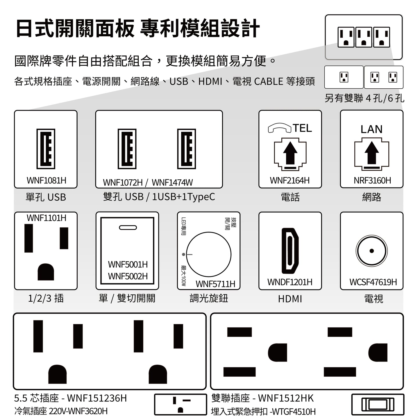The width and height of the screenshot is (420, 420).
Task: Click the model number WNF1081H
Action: click(47, 180)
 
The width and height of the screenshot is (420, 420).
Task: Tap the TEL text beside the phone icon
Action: click(302, 128)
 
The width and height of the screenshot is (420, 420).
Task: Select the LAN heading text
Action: click(372, 129)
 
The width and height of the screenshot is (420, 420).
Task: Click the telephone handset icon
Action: click(280, 128)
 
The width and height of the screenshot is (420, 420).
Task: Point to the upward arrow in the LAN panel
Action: click(372, 153)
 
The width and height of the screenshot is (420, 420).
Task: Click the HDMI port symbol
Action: click(290, 251)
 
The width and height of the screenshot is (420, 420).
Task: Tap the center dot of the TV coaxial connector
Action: click(372, 251)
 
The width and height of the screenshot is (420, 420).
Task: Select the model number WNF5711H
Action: click(215, 284)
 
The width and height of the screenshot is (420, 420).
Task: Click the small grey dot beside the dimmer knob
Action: click(183, 254)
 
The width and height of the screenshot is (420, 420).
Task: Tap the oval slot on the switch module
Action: click(128, 228)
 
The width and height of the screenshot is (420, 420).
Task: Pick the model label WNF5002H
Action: click(128, 276)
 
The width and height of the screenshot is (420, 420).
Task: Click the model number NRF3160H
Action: click(372, 180)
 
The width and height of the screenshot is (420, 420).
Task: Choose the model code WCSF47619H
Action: click(373, 282)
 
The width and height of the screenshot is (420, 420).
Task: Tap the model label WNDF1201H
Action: click(290, 282)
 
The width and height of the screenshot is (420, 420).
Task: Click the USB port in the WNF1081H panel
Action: click(46, 149)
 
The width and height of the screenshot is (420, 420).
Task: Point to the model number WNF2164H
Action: click(290, 180)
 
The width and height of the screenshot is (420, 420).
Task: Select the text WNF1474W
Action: click(172, 183)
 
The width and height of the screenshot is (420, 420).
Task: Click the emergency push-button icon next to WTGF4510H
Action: click(378, 404)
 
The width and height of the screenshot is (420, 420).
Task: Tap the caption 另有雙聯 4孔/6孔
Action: click(364, 98)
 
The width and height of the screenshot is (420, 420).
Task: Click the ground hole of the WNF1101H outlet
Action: click(46, 272)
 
